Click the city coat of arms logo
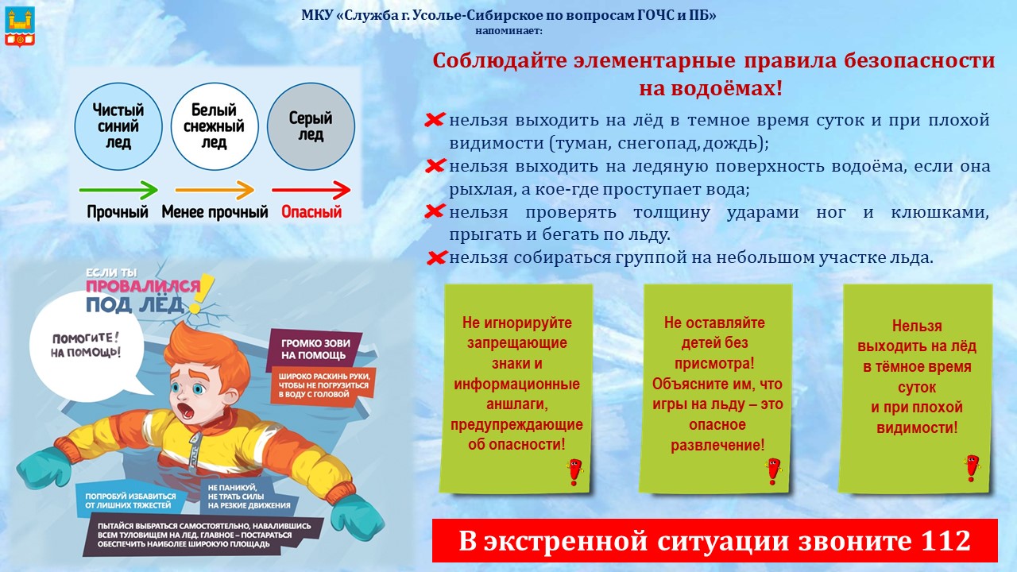click(20, 27)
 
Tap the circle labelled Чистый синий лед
click(118, 126)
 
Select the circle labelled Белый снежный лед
click(215, 126)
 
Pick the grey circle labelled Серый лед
click(311, 126)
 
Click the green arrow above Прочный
click(118, 190)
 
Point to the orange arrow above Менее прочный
click(215, 190)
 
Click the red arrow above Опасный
click(311, 190)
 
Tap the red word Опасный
click(311, 212)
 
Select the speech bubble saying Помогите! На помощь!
click(87, 347)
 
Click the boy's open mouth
click(185, 410)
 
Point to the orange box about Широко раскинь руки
click(323, 386)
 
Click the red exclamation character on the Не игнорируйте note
click(574, 472)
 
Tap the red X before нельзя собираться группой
click(437, 258)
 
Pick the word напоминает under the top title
click(509, 31)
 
